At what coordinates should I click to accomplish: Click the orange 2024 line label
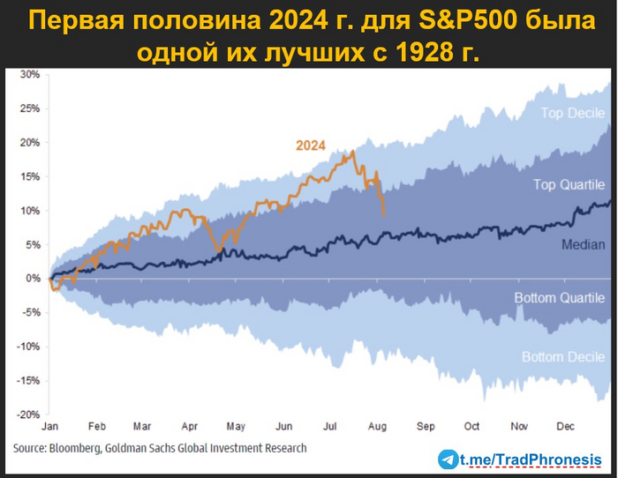click(x=310, y=145)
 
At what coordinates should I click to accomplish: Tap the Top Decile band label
click(x=572, y=114)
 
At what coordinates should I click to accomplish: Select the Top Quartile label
click(x=569, y=184)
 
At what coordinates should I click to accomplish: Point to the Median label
click(x=583, y=244)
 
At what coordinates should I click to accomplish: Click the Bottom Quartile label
click(x=560, y=298)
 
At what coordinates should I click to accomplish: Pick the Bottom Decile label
click(x=562, y=357)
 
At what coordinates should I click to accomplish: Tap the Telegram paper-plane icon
click(x=449, y=459)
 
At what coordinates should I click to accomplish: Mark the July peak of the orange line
click(x=353, y=152)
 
